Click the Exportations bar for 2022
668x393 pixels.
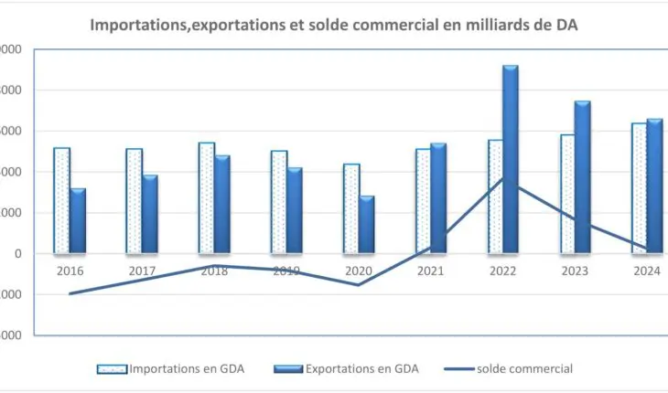point(511,159)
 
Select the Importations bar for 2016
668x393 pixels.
point(61,200)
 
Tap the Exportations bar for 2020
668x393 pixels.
point(367,224)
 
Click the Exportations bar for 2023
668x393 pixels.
point(583,177)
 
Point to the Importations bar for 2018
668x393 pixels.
point(206,197)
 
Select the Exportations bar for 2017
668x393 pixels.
point(150,214)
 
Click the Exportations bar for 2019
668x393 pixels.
point(295,210)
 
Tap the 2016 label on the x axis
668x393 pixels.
point(70,271)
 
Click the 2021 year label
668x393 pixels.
point(430,271)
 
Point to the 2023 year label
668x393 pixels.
point(575,271)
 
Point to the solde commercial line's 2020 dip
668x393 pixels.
point(358,284)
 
